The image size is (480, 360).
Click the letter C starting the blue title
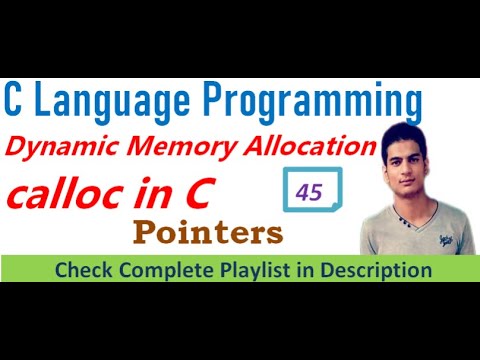[x=15, y=101]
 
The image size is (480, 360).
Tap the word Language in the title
[x=109, y=102]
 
